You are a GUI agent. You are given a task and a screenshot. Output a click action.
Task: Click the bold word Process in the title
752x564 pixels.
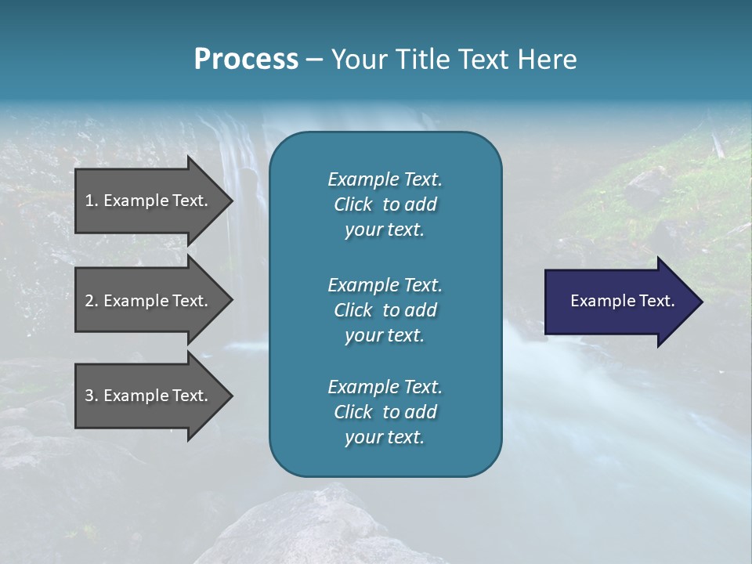tap(246, 60)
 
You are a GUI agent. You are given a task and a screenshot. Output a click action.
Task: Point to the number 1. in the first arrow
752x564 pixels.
tap(92, 201)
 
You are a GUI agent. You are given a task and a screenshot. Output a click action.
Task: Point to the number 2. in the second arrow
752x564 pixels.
tap(92, 301)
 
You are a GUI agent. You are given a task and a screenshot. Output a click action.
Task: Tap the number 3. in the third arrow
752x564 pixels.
tap(92, 396)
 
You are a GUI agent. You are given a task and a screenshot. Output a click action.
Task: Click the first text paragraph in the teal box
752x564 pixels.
tap(385, 204)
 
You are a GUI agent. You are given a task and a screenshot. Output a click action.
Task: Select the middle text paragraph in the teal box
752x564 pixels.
tap(385, 309)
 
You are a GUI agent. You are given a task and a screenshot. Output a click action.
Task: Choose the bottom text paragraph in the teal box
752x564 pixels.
tap(385, 412)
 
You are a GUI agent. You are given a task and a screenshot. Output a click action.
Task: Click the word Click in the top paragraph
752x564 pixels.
tap(353, 204)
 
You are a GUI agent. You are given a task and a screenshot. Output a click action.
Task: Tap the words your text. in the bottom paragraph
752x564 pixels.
tap(385, 438)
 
